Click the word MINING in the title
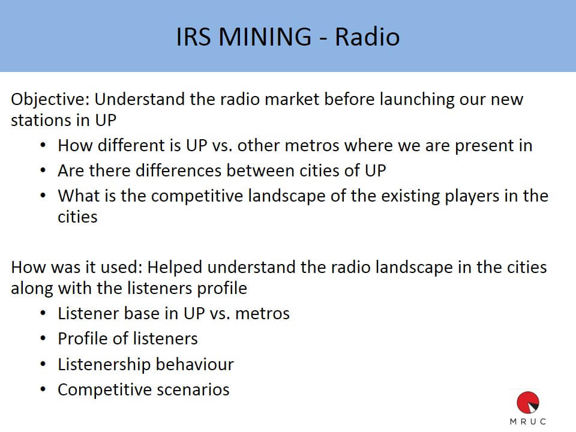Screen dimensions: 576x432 point(265,37)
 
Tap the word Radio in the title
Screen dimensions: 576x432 point(367,37)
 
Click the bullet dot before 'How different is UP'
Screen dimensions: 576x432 point(43,145)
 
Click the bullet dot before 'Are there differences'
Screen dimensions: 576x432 point(43,171)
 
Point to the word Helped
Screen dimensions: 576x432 point(175,268)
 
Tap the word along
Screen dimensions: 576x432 point(32,289)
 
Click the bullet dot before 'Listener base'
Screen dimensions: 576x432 point(43,313)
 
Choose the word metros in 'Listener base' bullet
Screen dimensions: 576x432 point(262,314)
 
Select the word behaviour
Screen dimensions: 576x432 point(194,364)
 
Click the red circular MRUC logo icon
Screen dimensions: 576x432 point(528,403)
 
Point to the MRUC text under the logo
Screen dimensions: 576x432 point(528,421)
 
